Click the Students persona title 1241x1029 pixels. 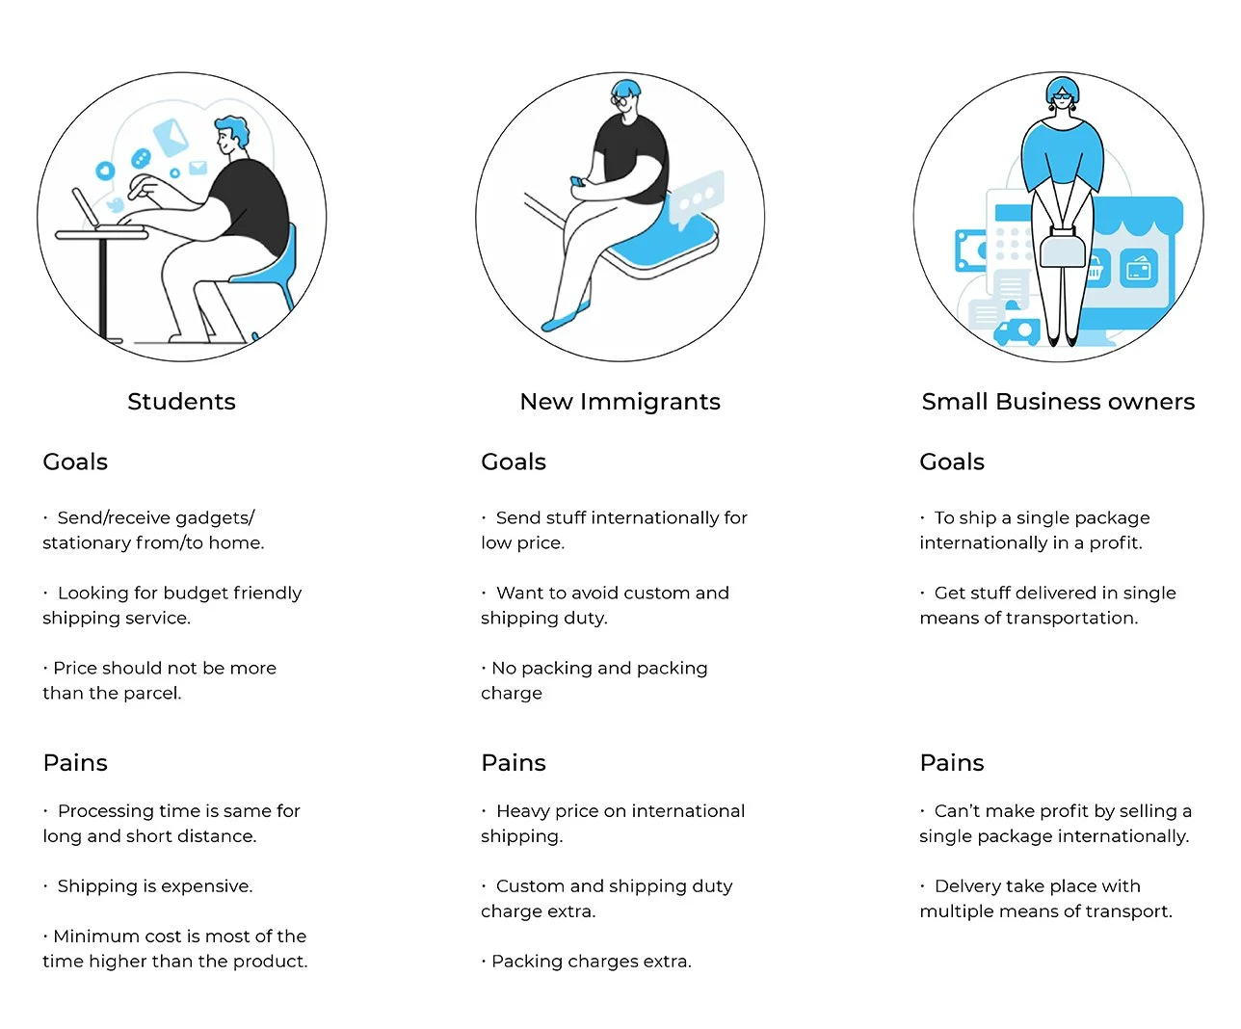(181, 402)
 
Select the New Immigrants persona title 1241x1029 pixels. (620, 402)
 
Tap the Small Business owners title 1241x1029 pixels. (1058, 402)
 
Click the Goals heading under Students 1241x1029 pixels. (75, 462)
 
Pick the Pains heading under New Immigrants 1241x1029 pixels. (514, 763)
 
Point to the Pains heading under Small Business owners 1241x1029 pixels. (952, 763)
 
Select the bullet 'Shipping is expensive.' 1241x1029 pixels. (154, 886)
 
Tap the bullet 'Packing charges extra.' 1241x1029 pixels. (591, 962)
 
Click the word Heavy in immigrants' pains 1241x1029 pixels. (522, 811)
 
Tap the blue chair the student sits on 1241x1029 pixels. (276, 275)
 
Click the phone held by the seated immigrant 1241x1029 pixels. (577, 181)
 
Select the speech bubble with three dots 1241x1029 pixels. (696, 200)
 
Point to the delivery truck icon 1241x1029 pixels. (1016, 331)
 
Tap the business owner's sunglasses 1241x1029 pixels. (1062, 95)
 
